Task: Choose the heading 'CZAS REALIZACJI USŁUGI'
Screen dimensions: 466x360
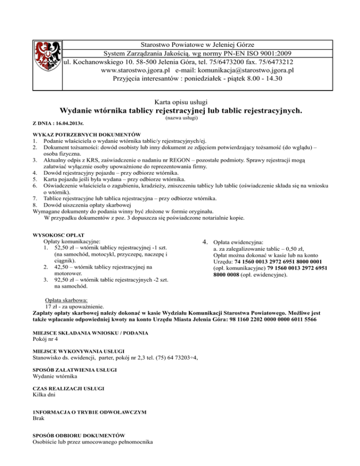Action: click(68, 389)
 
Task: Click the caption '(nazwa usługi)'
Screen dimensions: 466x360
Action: click(181, 119)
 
